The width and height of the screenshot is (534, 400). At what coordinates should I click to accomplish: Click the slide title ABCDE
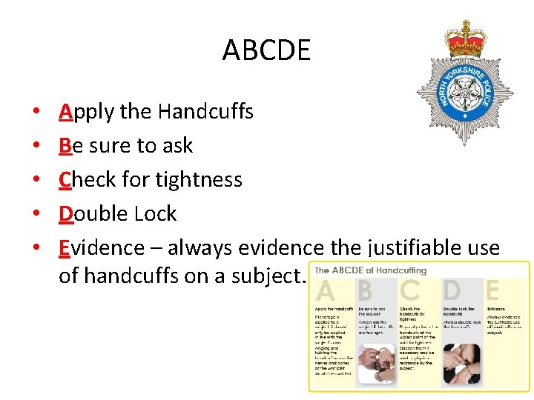click(266, 51)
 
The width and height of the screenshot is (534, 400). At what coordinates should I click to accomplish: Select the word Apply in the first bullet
click(87, 112)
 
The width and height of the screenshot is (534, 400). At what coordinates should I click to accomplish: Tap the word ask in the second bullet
click(177, 146)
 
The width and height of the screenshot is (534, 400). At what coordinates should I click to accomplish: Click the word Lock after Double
click(156, 214)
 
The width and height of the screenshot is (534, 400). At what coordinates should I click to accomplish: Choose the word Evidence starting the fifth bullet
click(102, 248)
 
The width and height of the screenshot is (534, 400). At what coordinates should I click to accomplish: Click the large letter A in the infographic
click(326, 290)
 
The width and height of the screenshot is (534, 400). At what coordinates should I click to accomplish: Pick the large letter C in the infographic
click(410, 290)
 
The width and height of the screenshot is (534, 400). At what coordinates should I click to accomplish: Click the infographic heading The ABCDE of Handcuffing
click(370, 270)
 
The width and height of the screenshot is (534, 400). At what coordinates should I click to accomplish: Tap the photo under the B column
click(376, 364)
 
